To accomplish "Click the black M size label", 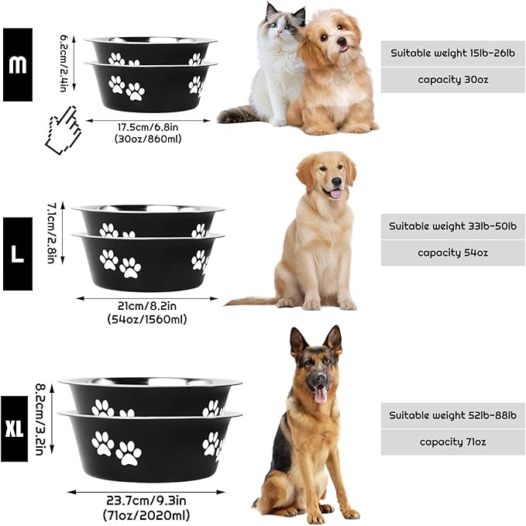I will point(17,64).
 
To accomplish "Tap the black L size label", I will point(17,253).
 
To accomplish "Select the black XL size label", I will point(14,428).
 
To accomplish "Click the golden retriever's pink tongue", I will point(335,193).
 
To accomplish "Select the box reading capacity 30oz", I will point(452,80).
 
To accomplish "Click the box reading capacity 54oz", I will point(452,253).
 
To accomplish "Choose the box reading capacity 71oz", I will point(452,442).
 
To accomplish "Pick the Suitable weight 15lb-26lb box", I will point(452,53).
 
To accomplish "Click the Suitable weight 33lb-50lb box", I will point(452,226).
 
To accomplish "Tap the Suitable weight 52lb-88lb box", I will point(452,415).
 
